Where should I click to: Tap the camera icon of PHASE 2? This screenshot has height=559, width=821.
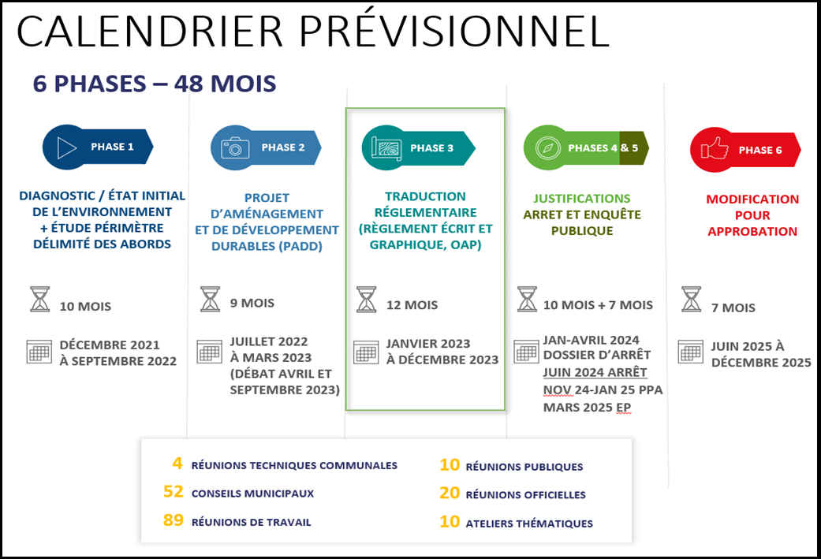(x=235, y=147)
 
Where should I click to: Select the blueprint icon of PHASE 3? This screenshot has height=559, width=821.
(x=386, y=148)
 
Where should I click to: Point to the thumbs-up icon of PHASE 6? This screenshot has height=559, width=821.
(x=715, y=150)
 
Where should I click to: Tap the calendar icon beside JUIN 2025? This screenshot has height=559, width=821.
(x=690, y=352)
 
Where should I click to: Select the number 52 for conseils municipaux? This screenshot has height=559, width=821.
(x=173, y=493)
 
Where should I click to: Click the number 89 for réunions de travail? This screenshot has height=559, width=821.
(x=173, y=521)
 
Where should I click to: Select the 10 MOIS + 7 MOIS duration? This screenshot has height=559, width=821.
(x=597, y=305)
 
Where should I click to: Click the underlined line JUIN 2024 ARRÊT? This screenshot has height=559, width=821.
(x=595, y=372)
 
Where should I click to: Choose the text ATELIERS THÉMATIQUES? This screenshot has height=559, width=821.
(x=529, y=524)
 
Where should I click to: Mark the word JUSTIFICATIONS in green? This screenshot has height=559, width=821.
(x=581, y=199)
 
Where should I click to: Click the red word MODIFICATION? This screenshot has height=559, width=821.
(x=752, y=199)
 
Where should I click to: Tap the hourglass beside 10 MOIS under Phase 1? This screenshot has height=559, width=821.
(x=39, y=300)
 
